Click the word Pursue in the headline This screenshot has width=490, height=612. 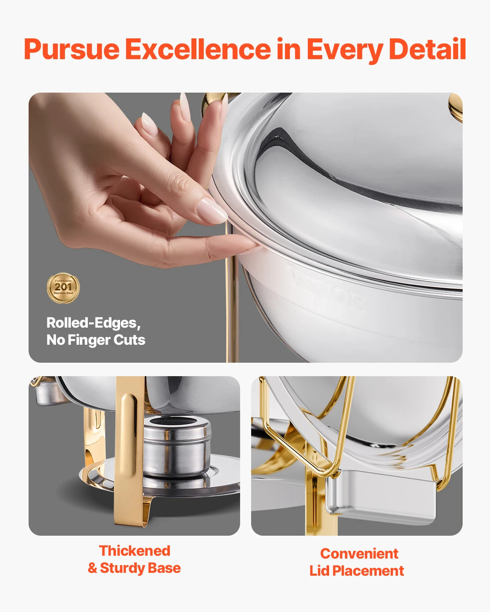tap(72, 49)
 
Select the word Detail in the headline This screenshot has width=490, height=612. tap(427, 49)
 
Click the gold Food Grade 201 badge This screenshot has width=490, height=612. tap(63, 288)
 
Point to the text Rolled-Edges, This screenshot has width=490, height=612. tap(94, 323)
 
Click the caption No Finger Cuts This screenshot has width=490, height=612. tap(96, 340)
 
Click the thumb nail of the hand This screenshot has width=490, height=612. tap(212, 211)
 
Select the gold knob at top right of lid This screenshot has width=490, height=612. tap(455, 107)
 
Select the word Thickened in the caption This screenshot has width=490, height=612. tap(134, 551)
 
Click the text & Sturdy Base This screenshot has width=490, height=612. tap(134, 568)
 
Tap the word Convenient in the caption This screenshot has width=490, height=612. tap(359, 554)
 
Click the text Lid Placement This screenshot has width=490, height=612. tap(356, 571)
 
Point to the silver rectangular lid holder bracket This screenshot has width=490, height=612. tap(380, 498)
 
